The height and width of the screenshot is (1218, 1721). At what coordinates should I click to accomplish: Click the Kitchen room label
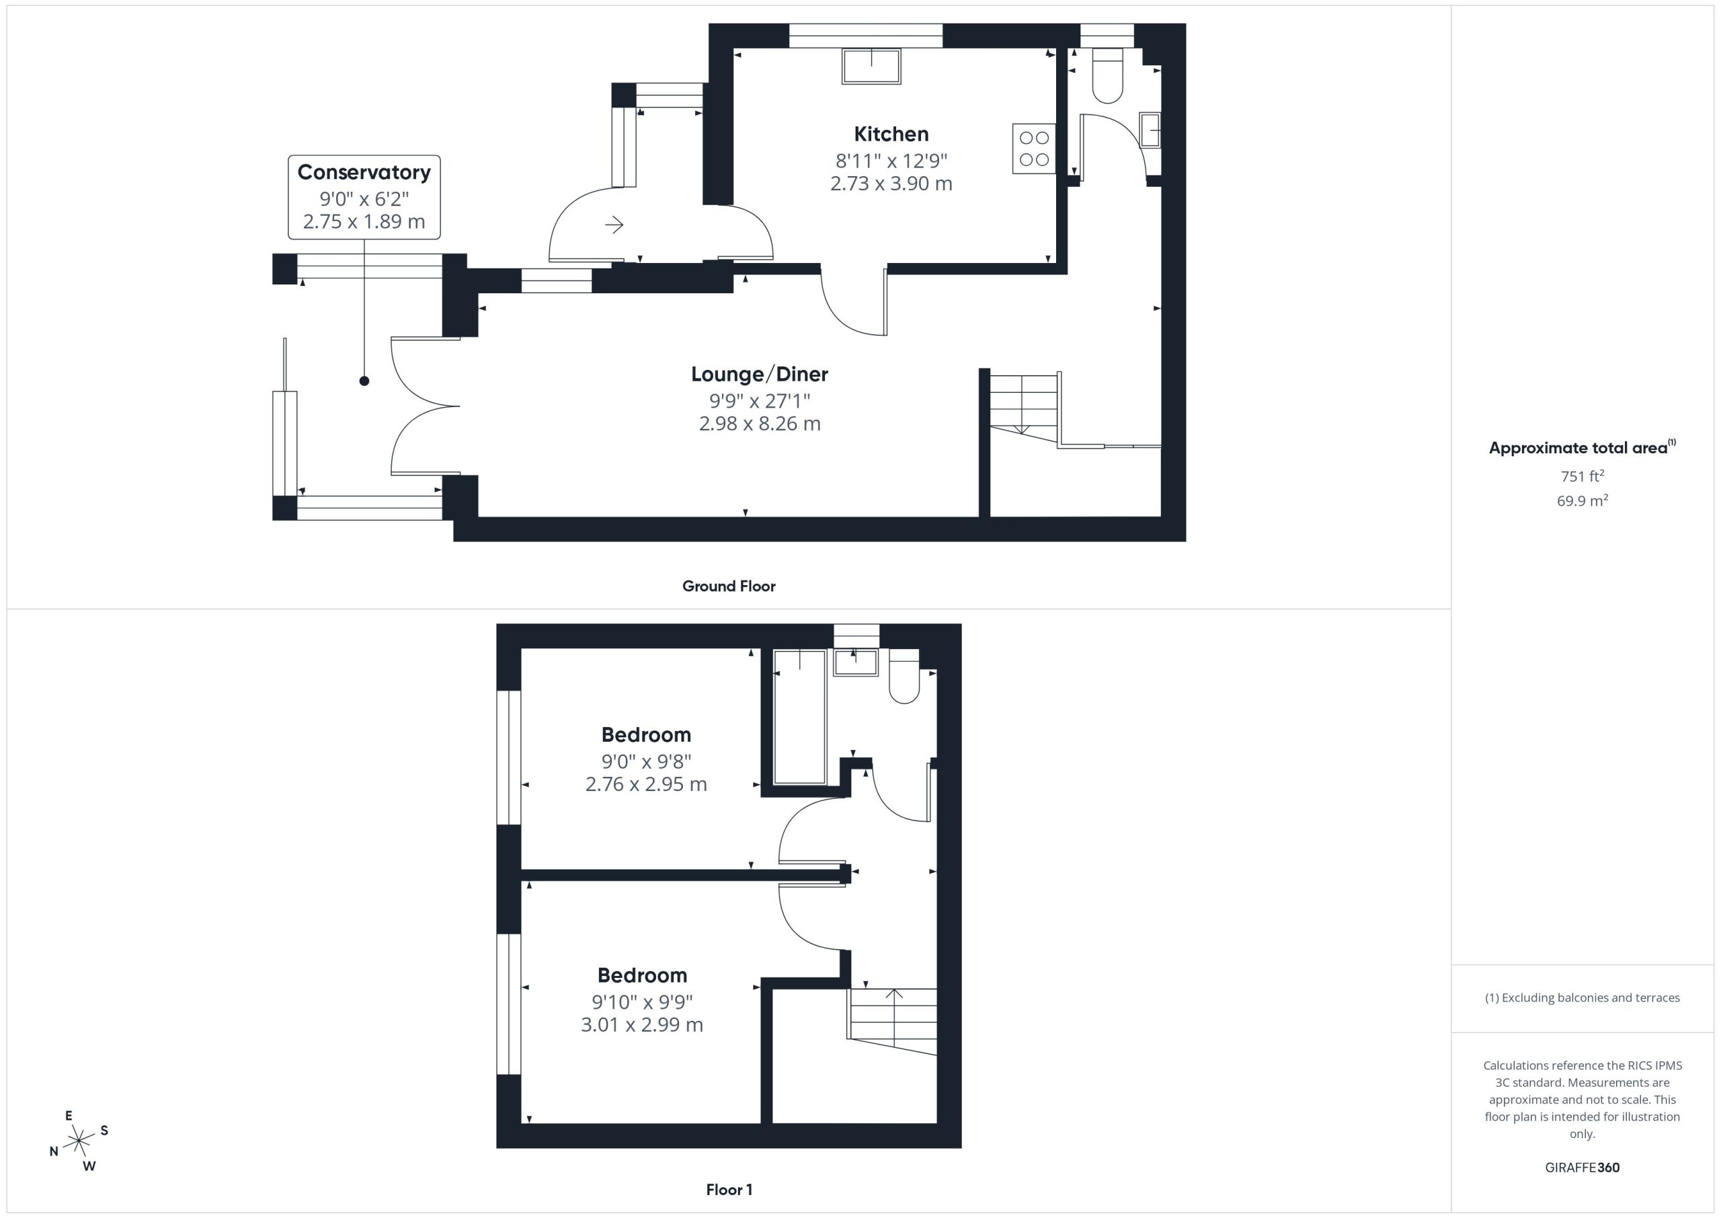[x=891, y=135]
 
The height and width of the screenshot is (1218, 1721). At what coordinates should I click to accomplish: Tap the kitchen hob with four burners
[x=1034, y=149]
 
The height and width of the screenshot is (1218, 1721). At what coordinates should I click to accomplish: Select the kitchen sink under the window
[x=871, y=67]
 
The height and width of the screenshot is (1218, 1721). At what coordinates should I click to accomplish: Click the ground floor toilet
[x=1108, y=76]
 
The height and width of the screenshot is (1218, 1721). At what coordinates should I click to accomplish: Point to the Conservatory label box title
[x=364, y=172]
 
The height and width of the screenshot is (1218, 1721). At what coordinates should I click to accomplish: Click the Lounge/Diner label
[x=759, y=374]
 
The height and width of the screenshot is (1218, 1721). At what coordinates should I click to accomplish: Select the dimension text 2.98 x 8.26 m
[x=759, y=424]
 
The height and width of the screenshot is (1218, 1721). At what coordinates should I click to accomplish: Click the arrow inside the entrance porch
[x=614, y=224]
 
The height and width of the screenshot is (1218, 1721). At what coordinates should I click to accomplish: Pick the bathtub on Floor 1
[x=800, y=717]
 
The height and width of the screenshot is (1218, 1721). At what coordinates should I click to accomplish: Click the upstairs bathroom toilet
[x=904, y=677]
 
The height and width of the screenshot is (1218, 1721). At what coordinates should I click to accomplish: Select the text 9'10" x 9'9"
[x=643, y=1001]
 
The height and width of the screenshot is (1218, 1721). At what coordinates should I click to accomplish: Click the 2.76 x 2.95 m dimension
[x=646, y=784]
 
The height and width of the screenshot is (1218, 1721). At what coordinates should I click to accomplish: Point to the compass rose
[x=79, y=1141]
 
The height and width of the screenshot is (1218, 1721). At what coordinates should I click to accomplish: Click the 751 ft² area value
[x=1583, y=476]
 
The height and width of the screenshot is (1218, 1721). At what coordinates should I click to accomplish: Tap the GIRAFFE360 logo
[x=1583, y=1168]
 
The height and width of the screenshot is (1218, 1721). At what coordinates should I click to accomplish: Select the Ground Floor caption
[x=729, y=586]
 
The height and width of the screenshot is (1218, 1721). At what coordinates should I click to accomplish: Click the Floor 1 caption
[x=729, y=1190]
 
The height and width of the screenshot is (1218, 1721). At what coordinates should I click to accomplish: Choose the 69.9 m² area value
[x=1583, y=501]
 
